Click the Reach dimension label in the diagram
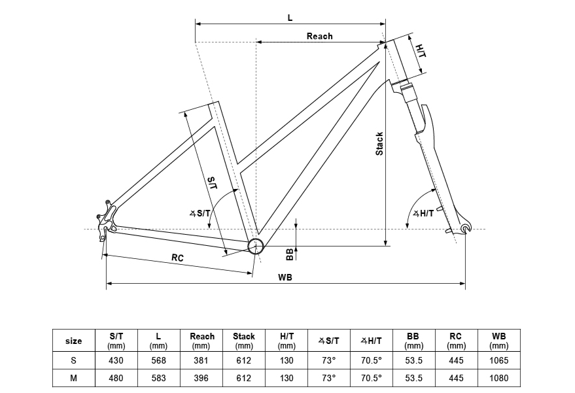coord(319,37)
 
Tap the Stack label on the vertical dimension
coord(379,145)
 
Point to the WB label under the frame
coord(285,277)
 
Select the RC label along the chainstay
coord(177,258)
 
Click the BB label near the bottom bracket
coord(290,253)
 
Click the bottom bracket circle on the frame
coord(255,246)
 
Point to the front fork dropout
coord(465,228)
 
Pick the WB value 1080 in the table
coord(498,378)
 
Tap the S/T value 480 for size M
coord(116,378)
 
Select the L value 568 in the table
coord(158,360)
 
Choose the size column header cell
coord(74,341)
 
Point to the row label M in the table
coord(74,378)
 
